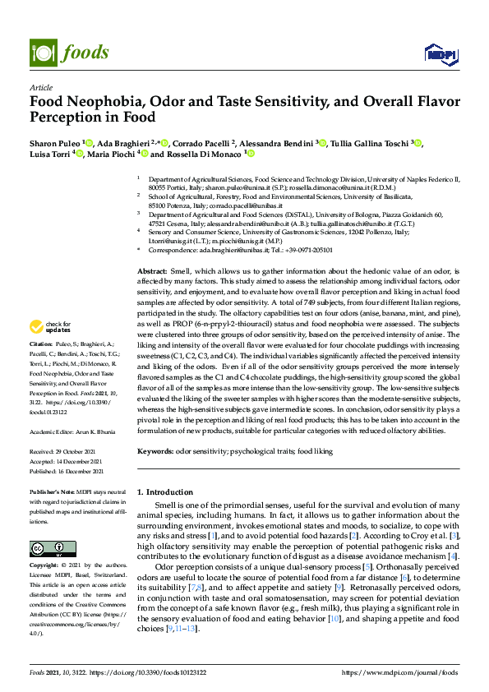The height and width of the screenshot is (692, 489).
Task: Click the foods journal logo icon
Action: coord(42,52)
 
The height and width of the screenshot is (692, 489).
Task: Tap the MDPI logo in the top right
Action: coord(436,54)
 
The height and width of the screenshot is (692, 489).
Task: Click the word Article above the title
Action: coord(40,87)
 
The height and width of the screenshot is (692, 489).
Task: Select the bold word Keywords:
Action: coord(155,452)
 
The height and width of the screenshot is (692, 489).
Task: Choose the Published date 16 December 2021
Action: coord(79,472)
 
